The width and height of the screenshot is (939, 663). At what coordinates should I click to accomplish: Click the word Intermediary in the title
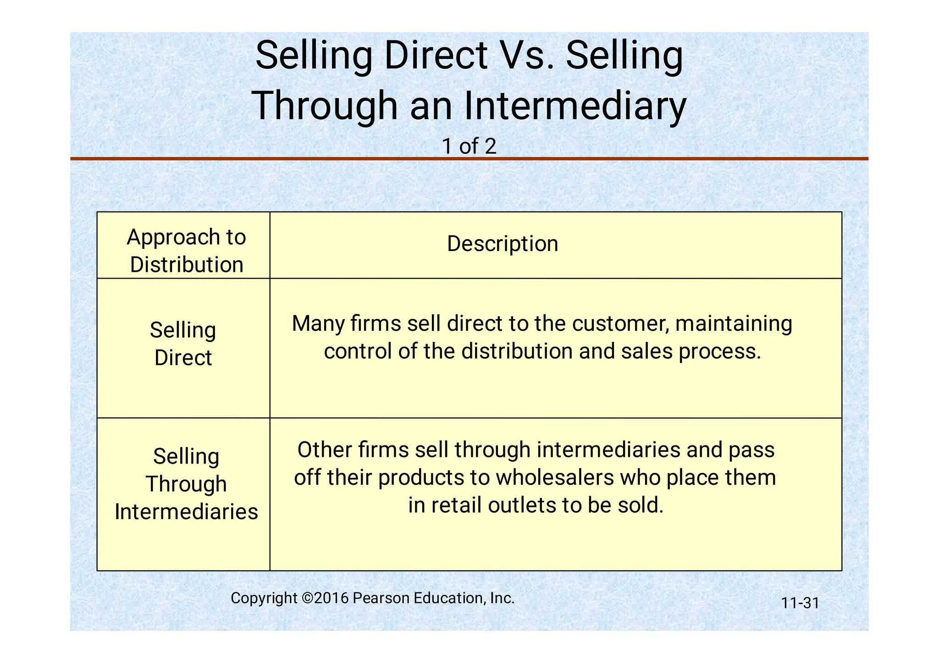(x=575, y=106)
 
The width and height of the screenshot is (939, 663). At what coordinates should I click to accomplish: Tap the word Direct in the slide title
(x=436, y=56)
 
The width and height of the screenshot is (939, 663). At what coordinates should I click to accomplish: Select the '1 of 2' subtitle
(x=469, y=146)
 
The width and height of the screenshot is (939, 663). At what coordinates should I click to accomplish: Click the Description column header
(x=503, y=244)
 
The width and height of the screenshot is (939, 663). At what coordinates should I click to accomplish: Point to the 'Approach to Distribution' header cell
(x=186, y=251)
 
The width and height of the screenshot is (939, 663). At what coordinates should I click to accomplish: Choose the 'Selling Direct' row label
(x=183, y=344)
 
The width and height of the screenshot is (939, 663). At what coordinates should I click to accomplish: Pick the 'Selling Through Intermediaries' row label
(x=186, y=484)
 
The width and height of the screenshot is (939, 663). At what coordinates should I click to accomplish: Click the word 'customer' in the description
(x=621, y=323)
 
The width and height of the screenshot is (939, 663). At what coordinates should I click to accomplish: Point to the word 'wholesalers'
(x=555, y=477)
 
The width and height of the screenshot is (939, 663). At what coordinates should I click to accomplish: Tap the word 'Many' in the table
(x=318, y=323)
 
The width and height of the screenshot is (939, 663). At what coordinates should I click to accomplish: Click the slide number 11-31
(x=800, y=603)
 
